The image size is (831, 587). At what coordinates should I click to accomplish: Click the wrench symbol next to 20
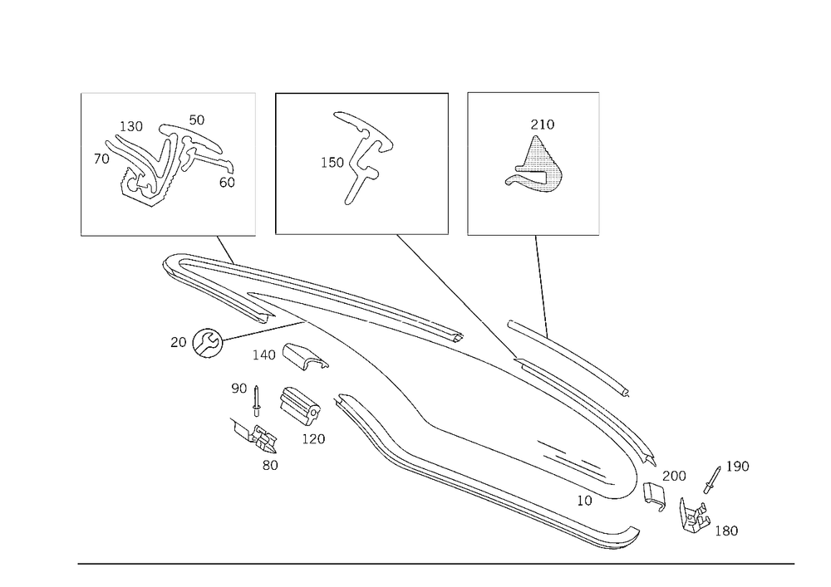207,342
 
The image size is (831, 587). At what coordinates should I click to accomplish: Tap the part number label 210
542,125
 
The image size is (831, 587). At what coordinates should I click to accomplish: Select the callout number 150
332,163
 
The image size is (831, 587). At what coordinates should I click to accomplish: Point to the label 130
131,126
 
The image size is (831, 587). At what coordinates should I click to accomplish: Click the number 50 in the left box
197,120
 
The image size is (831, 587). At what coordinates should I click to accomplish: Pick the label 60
227,182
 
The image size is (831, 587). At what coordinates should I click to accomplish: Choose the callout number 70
101,159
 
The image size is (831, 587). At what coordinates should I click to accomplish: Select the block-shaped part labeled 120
299,406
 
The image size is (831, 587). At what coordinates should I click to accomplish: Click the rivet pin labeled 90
257,401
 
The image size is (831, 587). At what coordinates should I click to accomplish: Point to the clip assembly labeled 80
255,436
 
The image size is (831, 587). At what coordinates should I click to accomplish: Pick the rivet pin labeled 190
712,480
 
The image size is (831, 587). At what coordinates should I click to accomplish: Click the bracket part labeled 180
694,516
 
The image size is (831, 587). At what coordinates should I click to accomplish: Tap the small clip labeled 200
654,497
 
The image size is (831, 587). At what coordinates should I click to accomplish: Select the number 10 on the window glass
584,501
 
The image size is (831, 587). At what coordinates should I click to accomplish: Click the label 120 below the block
313,438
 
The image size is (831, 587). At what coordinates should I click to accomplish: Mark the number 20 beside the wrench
178,342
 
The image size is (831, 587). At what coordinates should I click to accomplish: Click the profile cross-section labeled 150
362,158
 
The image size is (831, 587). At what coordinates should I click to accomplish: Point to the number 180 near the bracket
726,531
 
